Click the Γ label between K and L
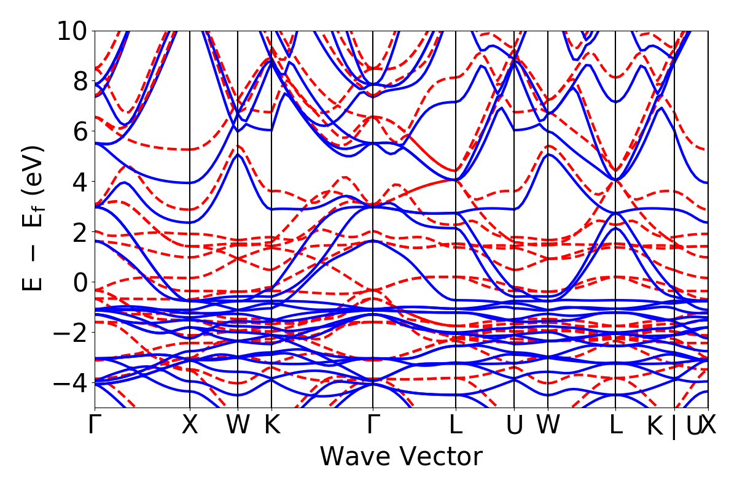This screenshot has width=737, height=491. (x=373, y=425)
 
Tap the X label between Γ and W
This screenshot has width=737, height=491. (x=190, y=425)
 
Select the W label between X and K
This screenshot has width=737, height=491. (x=238, y=425)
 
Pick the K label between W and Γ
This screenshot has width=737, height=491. (x=271, y=425)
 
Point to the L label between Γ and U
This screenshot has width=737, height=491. (x=456, y=425)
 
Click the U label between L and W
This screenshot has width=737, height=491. (x=514, y=425)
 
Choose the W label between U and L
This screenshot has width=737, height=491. (x=548, y=425)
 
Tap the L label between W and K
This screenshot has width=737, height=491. (x=615, y=425)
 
